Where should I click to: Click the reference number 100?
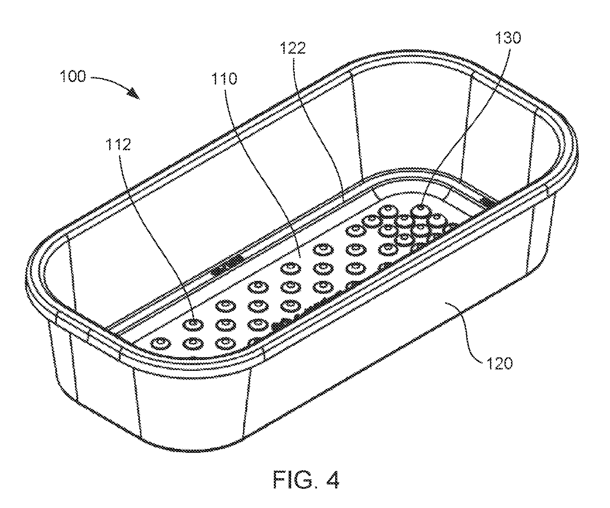[73, 77]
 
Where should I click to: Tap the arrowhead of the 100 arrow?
[134, 93]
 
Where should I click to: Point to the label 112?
[118, 144]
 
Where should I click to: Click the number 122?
[292, 48]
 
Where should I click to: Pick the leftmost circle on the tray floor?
[161, 343]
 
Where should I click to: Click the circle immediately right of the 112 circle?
[226, 323]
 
